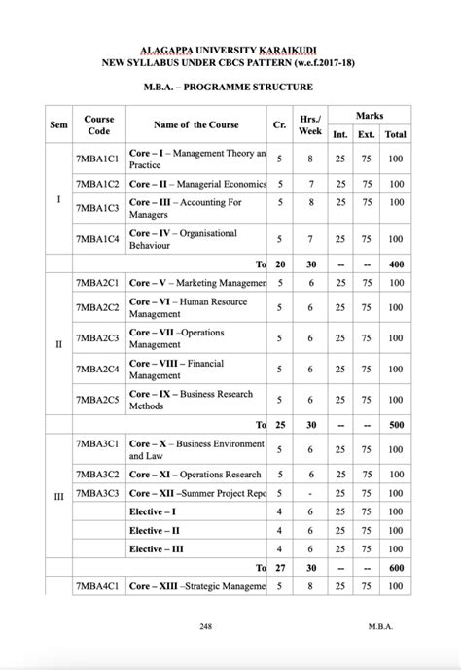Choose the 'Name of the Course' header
(x=195, y=124)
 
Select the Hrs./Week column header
(x=310, y=124)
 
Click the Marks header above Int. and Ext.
(x=369, y=115)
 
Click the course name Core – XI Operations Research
(x=195, y=474)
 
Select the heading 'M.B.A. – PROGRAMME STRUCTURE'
(x=230, y=87)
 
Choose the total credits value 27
(x=280, y=567)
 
